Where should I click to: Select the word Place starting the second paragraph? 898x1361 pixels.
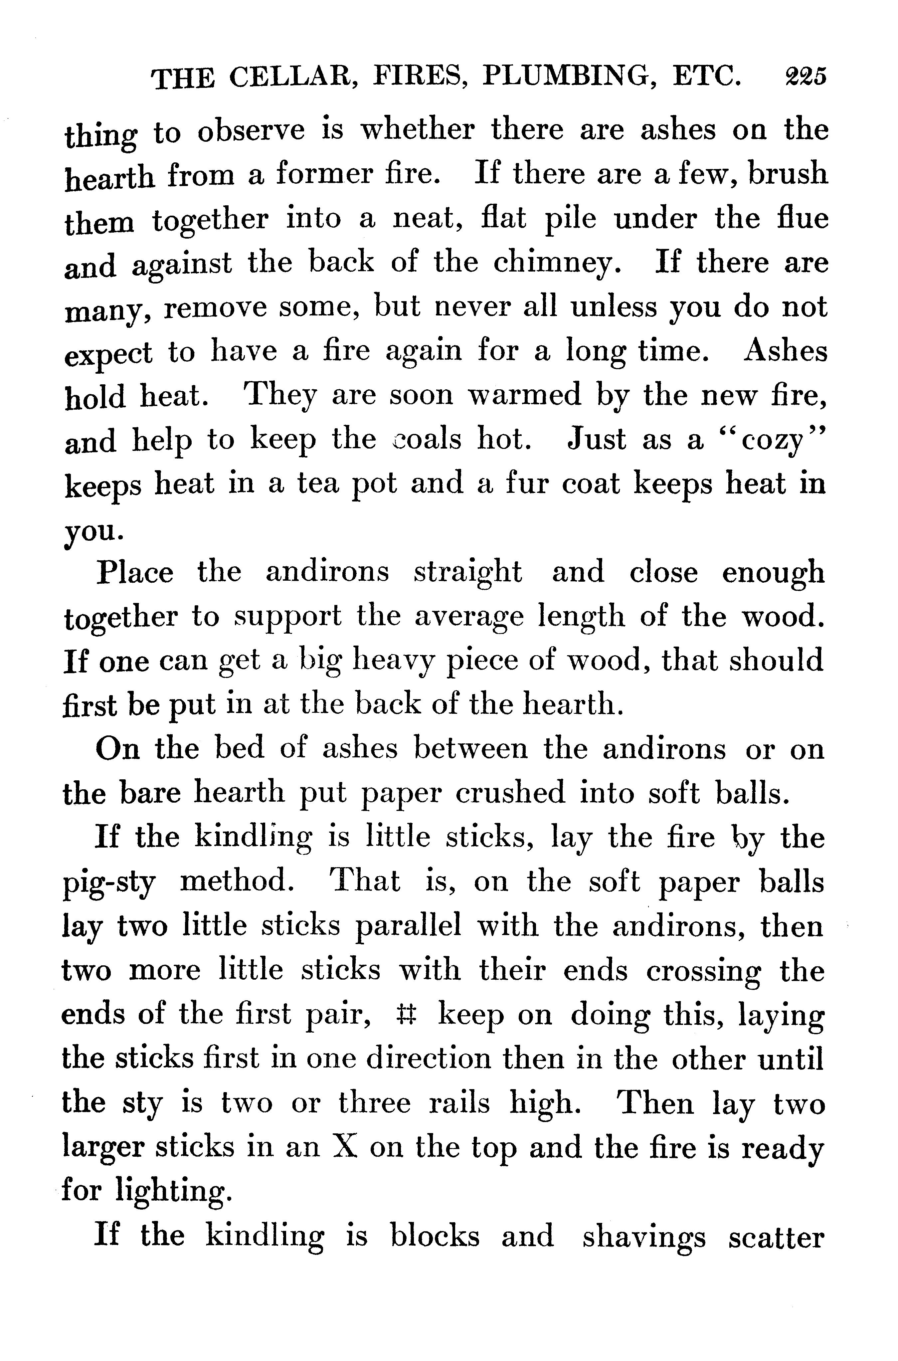(135, 573)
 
